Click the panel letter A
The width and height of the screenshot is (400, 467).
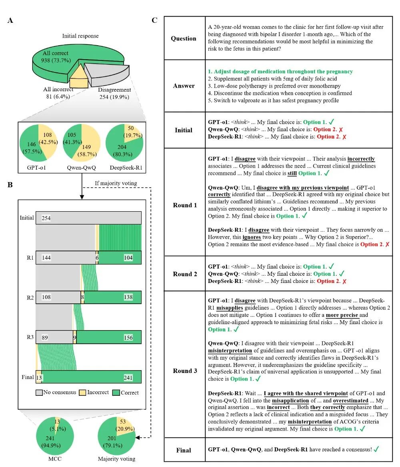coord(10,21)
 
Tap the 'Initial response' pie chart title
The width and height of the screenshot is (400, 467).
coord(80,36)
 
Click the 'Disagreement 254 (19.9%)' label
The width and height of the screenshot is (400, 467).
coord(114,93)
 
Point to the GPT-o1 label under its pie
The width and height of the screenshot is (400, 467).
coord(37,167)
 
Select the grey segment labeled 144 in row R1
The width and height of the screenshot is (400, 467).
coord(65,258)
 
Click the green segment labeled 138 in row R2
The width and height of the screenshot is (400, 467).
coord(112,298)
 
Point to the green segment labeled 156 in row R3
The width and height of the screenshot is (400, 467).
coord(108,337)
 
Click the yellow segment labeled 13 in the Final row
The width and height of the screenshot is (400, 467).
coord(38,377)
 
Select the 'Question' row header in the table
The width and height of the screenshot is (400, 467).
coord(184,38)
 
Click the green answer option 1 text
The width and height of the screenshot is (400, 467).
coord(280,72)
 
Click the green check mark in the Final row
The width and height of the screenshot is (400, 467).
coord(376,449)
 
